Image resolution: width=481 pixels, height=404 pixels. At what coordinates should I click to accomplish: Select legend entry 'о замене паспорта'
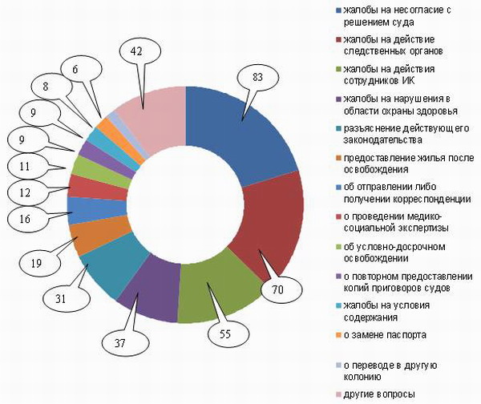381,334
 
